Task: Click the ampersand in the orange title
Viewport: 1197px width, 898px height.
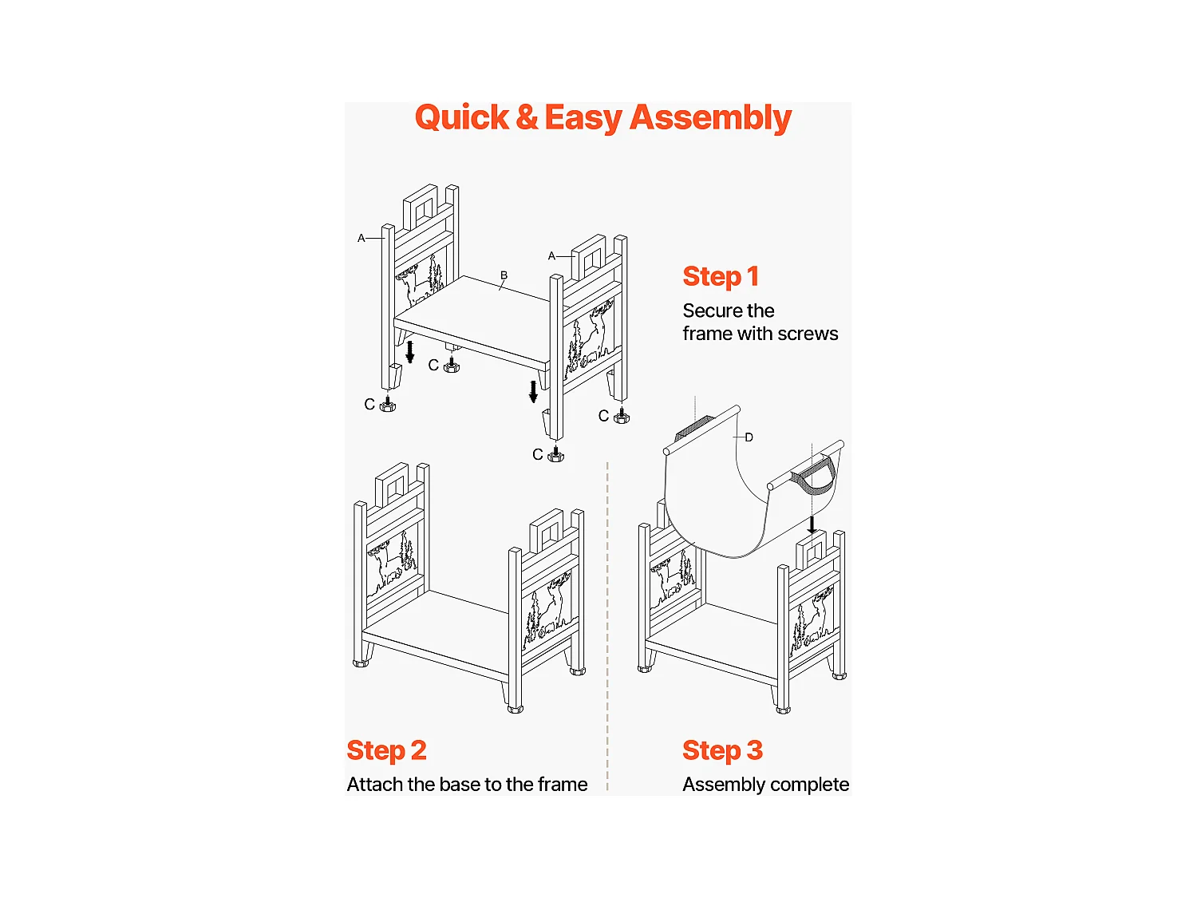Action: coord(527,118)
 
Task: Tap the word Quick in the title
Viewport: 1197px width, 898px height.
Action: coord(462,118)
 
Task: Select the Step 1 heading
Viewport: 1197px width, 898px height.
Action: coord(721,277)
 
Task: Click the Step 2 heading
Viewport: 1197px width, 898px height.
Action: coord(386,751)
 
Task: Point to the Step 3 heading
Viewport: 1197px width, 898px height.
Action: coord(722,751)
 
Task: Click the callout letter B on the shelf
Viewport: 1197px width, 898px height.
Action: coord(504,275)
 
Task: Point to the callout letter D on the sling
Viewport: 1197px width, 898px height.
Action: coord(749,437)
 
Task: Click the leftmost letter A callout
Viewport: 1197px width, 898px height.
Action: coord(361,238)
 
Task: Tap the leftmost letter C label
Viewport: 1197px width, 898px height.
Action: coord(369,405)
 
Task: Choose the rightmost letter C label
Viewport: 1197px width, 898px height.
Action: coord(603,416)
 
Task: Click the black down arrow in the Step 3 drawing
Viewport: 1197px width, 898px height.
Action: coord(812,524)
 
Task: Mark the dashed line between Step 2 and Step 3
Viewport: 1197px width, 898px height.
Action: coord(607,627)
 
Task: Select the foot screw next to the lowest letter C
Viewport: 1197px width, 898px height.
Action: coord(555,454)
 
